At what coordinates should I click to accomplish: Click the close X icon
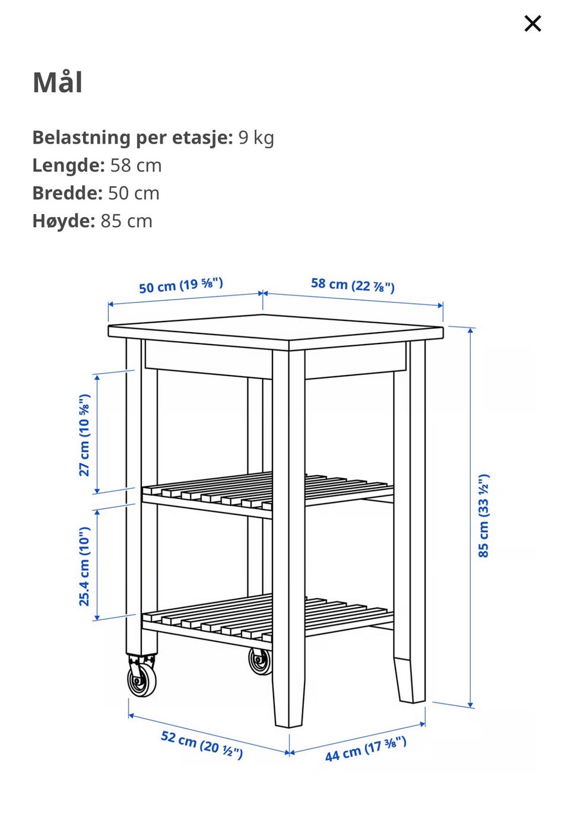pyautogui.click(x=533, y=24)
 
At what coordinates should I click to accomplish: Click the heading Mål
pyautogui.click(x=58, y=82)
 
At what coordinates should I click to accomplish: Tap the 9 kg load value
pyautogui.click(x=256, y=138)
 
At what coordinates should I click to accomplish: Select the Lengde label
pyautogui.click(x=69, y=165)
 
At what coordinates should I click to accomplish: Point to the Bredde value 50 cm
pyautogui.click(x=134, y=193)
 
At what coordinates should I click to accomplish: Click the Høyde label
pyautogui.click(x=64, y=221)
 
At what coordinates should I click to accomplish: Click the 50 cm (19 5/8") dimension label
pyautogui.click(x=181, y=285)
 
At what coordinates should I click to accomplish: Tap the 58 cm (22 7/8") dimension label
pyautogui.click(x=353, y=285)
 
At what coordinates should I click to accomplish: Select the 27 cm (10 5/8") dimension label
pyautogui.click(x=84, y=435)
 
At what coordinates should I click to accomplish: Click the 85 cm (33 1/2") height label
pyautogui.click(x=483, y=516)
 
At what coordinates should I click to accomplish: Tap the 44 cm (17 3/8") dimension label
pyautogui.click(x=366, y=749)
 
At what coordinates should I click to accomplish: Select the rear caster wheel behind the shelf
pyautogui.click(x=259, y=662)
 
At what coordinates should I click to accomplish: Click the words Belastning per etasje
pyautogui.click(x=132, y=138)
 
